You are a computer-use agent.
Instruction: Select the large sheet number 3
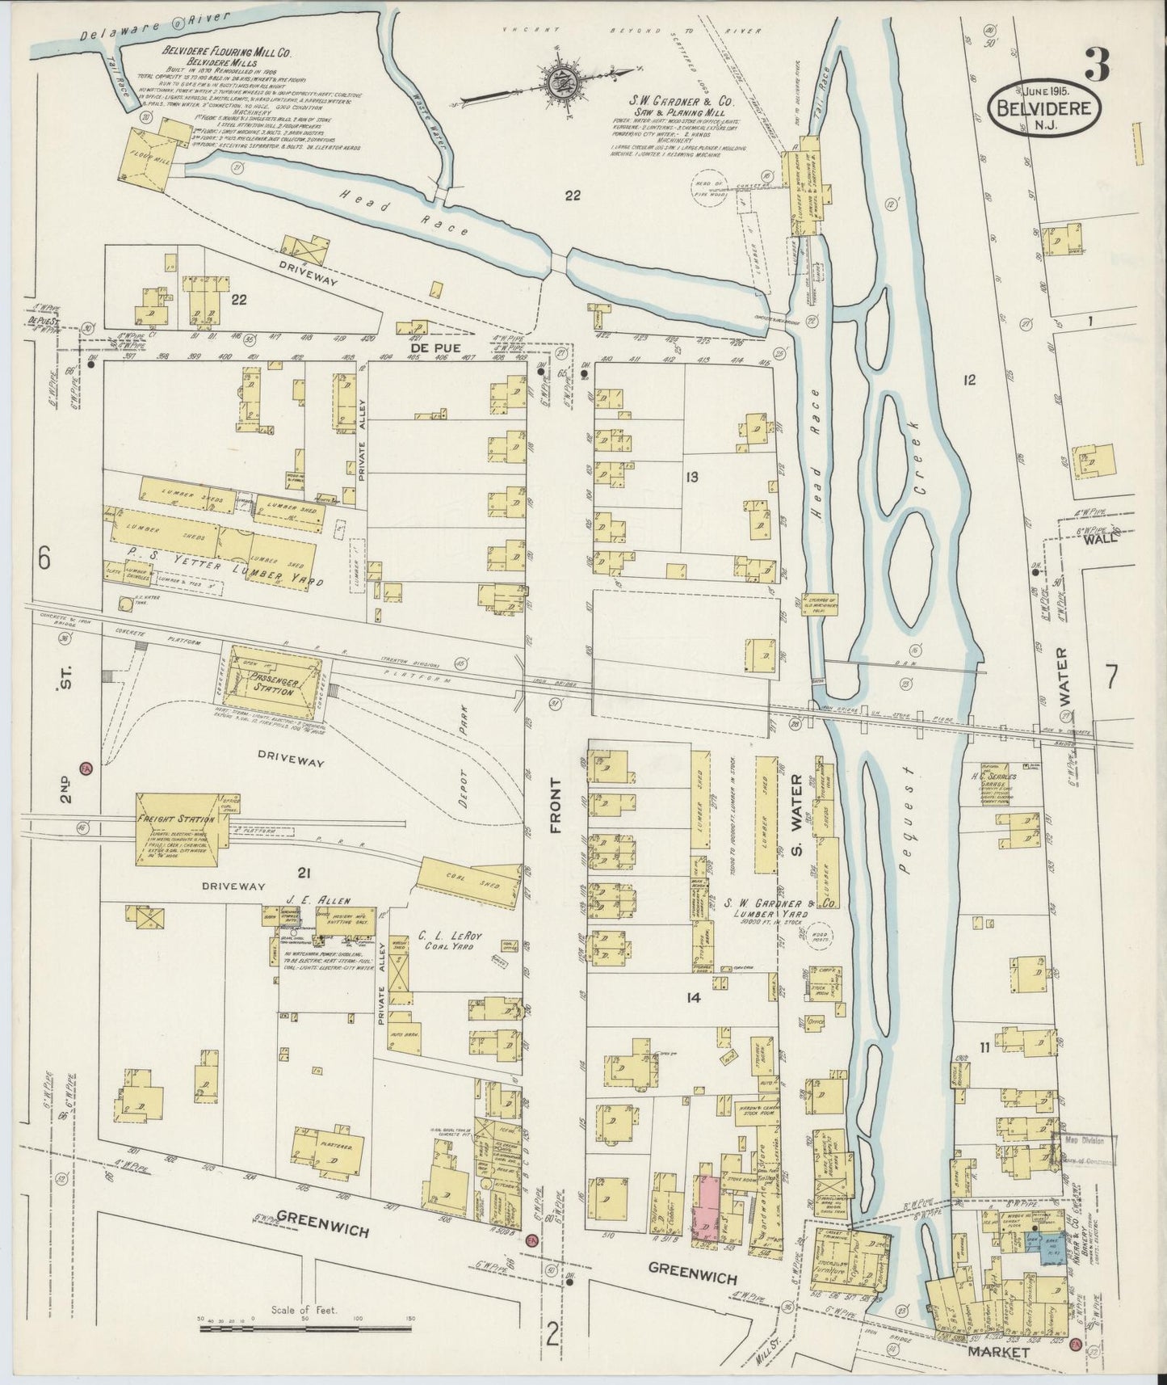(1096, 64)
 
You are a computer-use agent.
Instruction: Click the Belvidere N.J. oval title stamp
(1046, 111)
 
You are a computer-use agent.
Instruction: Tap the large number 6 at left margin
(44, 558)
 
